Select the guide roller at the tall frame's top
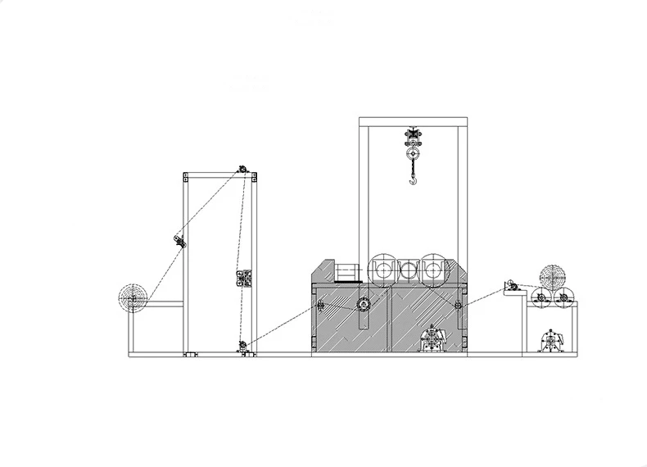point(242,170)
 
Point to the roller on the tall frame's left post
point(178,240)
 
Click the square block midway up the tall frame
point(242,279)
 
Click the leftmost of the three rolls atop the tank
point(381,268)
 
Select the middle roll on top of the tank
point(408,269)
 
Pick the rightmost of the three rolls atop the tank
point(435,268)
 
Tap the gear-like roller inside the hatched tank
point(361,306)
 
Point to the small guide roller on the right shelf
point(509,286)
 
